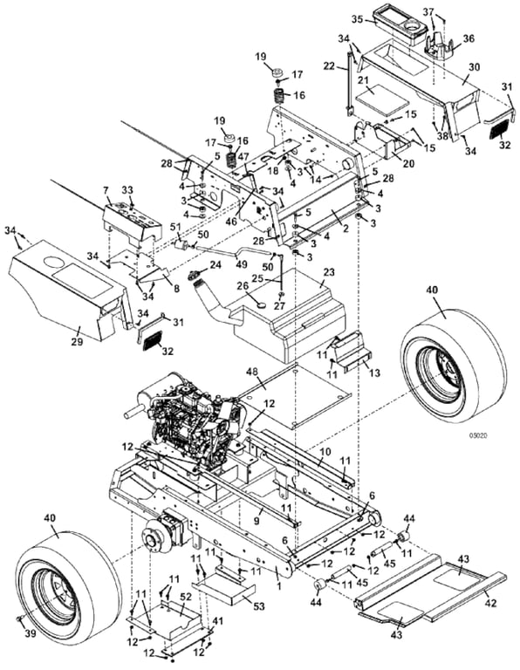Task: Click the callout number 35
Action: pyautogui.click(x=357, y=19)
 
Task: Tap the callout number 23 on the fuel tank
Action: pyautogui.click(x=329, y=272)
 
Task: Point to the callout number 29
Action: pyautogui.click(x=77, y=342)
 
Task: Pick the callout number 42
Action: pyautogui.click(x=490, y=604)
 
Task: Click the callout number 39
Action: pyautogui.click(x=30, y=633)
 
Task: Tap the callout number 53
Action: pyautogui.click(x=258, y=606)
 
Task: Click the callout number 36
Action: pyautogui.click(x=469, y=38)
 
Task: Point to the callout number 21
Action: pyautogui.click(x=363, y=80)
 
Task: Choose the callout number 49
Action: pyautogui.click(x=242, y=264)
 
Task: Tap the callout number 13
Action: pyautogui.click(x=374, y=373)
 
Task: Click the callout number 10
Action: pyautogui.click(x=325, y=451)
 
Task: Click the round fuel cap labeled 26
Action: pyautogui.click(x=260, y=304)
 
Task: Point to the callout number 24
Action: pyautogui.click(x=216, y=265)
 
